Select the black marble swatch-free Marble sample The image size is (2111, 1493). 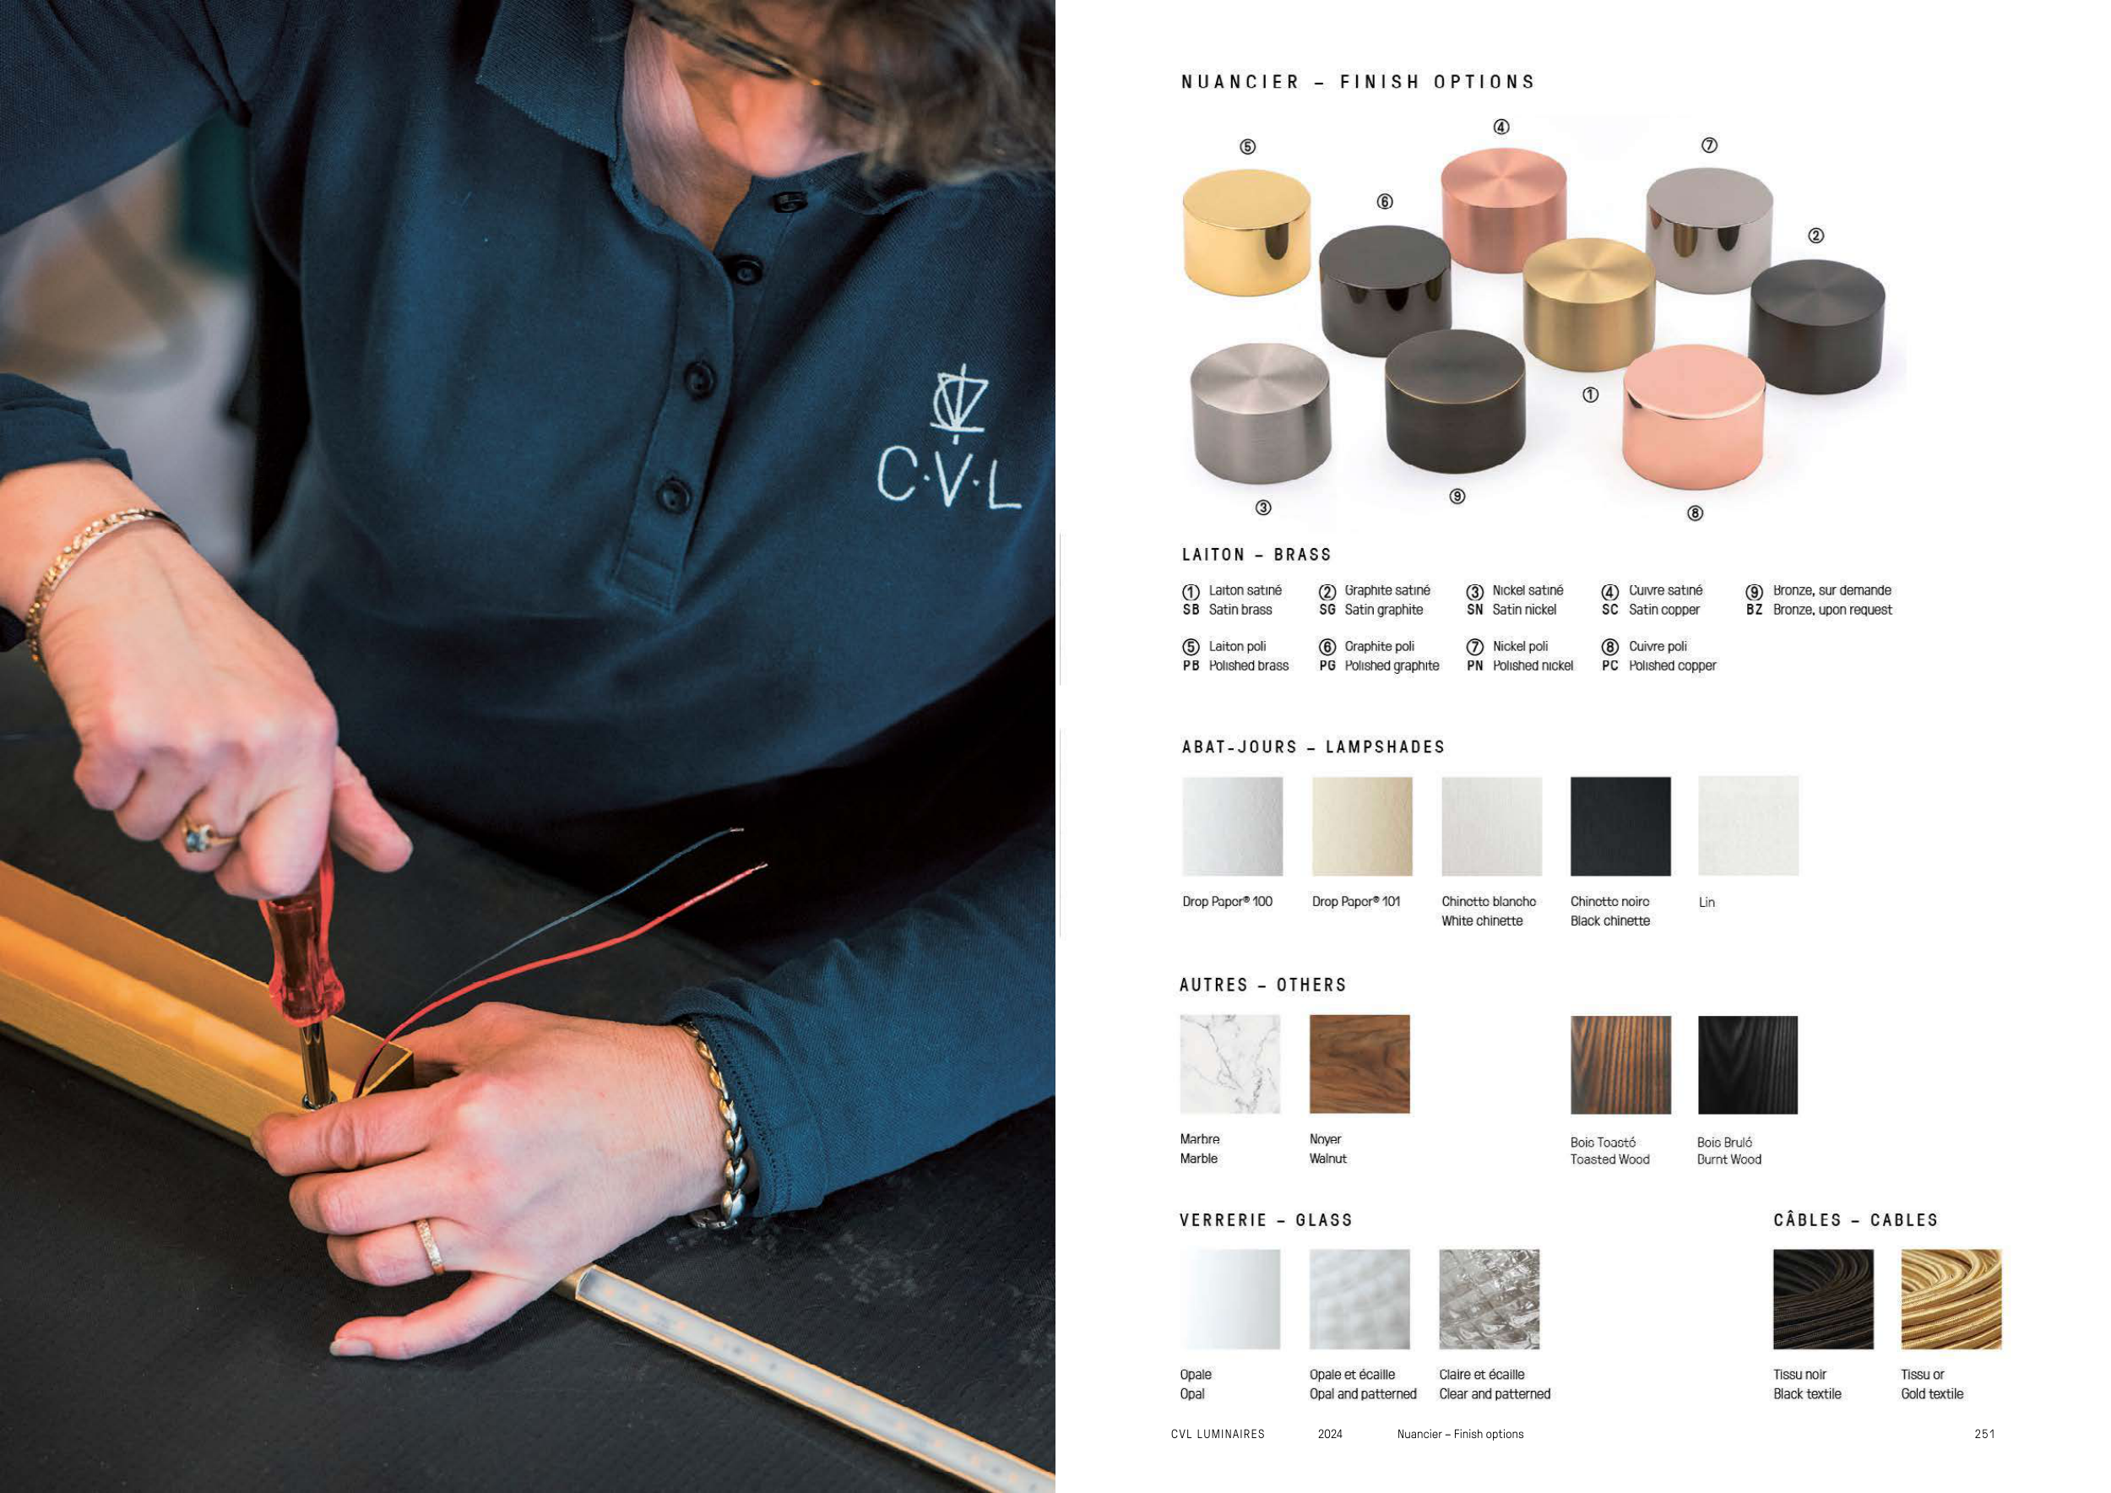[1230, 1064]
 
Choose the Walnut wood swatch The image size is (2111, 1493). [1359, 1064]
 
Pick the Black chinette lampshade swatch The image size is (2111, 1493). [1620, 826]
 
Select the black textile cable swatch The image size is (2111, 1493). [1823, 1299]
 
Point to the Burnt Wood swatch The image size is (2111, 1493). [1747, 1065]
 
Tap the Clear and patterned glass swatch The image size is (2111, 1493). [1490, 1299]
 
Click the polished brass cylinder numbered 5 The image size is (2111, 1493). [1246, 231]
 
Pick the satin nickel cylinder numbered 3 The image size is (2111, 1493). [1261, 414]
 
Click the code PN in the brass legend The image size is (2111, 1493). [1475, 665]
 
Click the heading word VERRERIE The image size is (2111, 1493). [1223, 1220]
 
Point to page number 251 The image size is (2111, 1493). [1984, 1434]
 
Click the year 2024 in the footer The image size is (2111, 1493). [1329, 1434]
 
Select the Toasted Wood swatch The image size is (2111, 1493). [1620, 1065]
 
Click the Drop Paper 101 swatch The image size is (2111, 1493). [1362, 826]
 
